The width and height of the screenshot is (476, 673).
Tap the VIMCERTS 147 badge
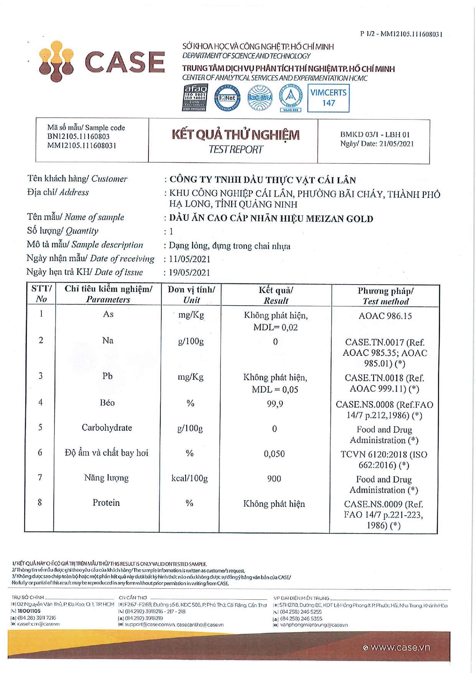click(x=328, y=98)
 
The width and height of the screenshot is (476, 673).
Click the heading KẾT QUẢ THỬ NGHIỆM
click(x=236, y=135)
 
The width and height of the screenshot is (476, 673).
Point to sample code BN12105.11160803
click(x=78, y=137)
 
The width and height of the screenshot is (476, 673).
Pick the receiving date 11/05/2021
click(x=189, y=259)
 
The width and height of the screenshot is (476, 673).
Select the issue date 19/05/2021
click(x=189, y=273)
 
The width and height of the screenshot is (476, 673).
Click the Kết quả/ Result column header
click(x=276, y=295)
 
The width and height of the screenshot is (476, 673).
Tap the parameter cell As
click(x=108, y=314)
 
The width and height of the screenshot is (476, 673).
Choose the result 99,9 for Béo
click(x=275, y=404)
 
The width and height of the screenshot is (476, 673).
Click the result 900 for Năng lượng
click(x=274, y=479)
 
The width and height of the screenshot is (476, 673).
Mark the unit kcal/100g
click(x=189, y=478)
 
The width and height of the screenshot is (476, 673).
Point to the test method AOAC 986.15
click(x=385, y=316)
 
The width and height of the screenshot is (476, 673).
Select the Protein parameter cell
click(x=106, y=503)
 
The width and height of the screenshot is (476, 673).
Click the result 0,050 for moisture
click(x=274, y=454)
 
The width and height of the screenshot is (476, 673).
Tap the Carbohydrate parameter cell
click(x=107, y=428)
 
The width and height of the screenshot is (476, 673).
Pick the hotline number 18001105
click(x=29, y=611)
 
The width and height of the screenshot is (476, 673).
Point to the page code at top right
click(x=401, y=34)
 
